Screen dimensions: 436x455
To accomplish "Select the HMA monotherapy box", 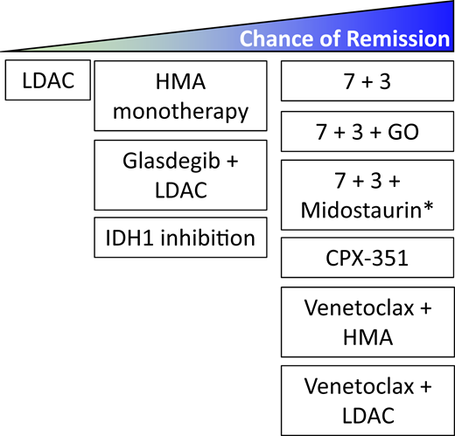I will click(x=180, y=96).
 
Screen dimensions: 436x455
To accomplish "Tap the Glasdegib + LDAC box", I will click(x=180, y=175).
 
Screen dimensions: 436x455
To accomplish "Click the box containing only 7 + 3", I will click(x=366, y=80).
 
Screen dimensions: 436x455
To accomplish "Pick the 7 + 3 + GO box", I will click(x=366, y=134).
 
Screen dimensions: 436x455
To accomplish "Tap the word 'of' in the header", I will click(x=320, y=40).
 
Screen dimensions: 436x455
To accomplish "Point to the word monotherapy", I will click(x=180, y=111).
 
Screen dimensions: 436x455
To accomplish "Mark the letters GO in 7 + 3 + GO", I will click(x=405, y=134).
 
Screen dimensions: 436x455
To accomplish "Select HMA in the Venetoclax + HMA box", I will click(x=366, y=336).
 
